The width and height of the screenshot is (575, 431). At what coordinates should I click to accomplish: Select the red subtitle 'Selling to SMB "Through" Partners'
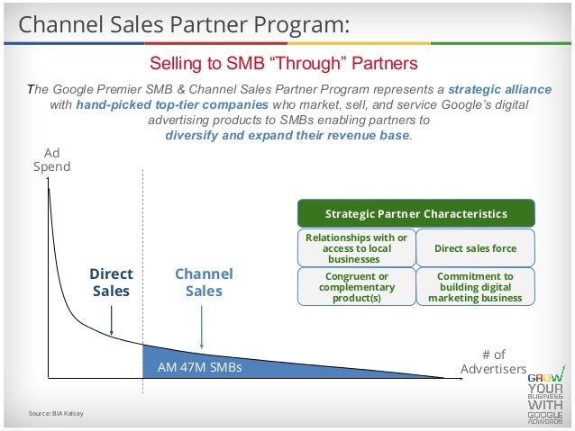(x=284, y=64)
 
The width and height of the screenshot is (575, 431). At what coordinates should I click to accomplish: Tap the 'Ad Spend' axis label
(x=51, y=160)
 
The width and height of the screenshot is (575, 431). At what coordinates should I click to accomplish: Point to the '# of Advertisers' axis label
(x=493, y=362)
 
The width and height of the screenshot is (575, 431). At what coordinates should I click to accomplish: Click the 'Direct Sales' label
(x=111, y=282)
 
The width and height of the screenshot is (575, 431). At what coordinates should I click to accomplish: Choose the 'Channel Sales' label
(x=203, y=282)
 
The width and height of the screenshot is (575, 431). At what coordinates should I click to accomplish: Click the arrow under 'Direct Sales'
(x=111, y=319)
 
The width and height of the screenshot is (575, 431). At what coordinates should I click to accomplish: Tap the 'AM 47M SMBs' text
(x=199, y=368)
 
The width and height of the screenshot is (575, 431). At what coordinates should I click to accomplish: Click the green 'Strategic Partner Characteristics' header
(x=415, y=214)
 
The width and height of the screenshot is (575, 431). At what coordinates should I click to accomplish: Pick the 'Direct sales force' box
(x=475, y=247)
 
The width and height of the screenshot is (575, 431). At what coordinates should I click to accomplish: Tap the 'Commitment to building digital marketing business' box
(x=475, y=286)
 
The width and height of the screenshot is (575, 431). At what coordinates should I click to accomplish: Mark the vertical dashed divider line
(x=142, y=270)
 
